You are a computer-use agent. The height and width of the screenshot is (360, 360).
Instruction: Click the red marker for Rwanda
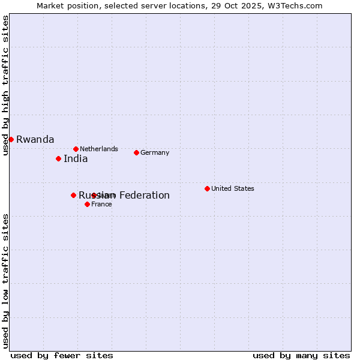coord(11,139)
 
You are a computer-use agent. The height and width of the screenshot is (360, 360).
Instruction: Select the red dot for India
coord(58,158)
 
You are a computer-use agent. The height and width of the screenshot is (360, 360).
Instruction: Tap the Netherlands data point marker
coord(76,149)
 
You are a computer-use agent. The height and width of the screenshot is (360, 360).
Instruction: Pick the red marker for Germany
coord(136,152)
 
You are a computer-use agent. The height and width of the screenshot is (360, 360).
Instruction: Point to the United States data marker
coord(207,188)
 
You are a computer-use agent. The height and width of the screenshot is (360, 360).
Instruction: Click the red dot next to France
coord(87,204)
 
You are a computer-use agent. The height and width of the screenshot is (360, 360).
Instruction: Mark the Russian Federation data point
coord(73,195)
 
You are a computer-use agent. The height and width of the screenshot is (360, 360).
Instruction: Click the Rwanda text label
coord(35,140)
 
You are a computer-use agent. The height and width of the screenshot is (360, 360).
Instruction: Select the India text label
coord(76,159)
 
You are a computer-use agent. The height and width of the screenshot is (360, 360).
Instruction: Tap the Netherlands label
coord(99,149)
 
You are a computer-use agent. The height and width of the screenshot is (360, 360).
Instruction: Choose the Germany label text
coord(155,152)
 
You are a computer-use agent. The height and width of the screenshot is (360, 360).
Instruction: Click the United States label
coord(233,188)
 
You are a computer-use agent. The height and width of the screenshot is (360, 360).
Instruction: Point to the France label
coord(101,204)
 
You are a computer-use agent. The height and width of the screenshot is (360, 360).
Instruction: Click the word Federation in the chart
coord(144,195)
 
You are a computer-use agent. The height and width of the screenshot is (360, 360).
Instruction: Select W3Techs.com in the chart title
coord(296,5)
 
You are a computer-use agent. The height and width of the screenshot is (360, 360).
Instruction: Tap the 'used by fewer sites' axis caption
coord(62,355)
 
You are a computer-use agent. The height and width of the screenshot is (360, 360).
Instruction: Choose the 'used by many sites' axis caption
coord(301,355)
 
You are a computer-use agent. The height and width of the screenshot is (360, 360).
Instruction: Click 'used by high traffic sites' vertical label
coord(5,85)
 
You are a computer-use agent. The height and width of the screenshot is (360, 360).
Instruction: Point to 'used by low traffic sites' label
coord(5,281)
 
